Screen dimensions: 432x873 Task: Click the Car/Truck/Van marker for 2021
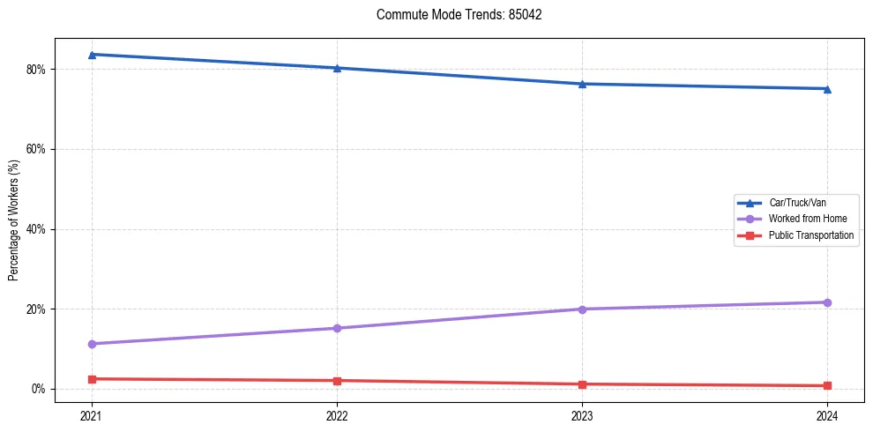coord(92,55)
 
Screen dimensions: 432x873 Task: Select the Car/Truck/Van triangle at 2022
coord(337,68)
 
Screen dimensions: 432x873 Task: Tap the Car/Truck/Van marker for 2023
coord(582,84)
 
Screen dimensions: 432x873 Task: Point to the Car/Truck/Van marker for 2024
coord(827,88)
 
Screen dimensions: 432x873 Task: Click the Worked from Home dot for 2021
coord(92,344)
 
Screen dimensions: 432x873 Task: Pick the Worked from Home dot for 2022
coord(337,328)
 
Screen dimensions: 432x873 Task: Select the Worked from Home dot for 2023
coord(582,309)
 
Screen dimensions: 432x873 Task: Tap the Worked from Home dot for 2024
coord(827,302)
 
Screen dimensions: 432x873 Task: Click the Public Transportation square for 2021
coord(92,379)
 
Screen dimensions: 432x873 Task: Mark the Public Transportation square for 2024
coord(827,385)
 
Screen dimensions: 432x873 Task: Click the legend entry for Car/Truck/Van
coord(796,203)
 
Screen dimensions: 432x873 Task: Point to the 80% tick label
coord(37,70)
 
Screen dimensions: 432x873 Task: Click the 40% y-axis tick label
coord(37,229)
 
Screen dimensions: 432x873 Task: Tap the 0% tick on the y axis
coord(40,389)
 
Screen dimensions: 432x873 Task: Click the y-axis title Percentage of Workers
coord(13,220)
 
